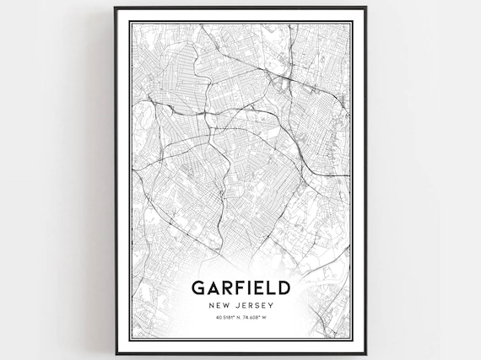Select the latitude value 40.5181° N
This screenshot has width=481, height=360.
tap(219, 318)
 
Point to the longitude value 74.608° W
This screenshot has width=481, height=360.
tap(257, 318)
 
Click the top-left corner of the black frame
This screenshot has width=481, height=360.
tap(116, 8)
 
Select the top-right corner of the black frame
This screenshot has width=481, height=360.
tap(365, 8)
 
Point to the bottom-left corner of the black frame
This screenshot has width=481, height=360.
tap(116, 353)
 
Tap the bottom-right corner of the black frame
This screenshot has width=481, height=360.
tap(365, 353)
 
